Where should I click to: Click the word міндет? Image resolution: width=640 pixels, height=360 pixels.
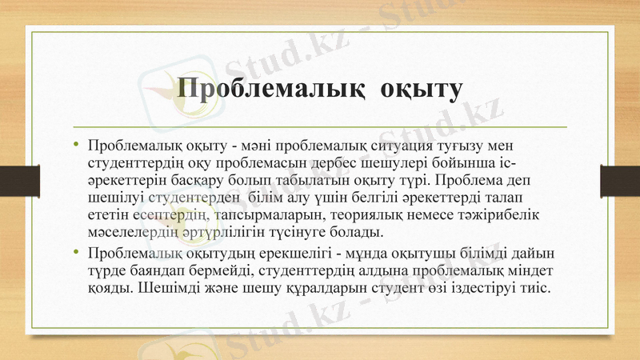(531, 270)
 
